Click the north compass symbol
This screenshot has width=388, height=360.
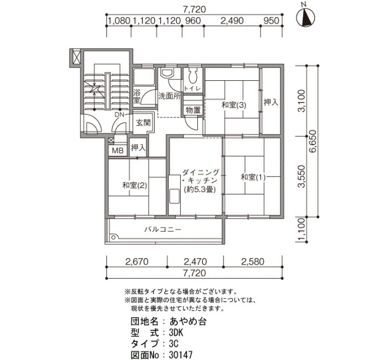[307, 18]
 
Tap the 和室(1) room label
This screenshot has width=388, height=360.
[253, 177]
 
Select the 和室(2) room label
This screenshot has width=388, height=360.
[135, 185]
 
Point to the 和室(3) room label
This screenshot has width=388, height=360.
[234, 105]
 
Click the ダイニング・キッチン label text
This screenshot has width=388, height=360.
[200, 176]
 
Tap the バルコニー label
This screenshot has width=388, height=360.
[163, 229]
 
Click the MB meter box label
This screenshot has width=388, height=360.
[118, 150]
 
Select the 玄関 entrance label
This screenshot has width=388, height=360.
[144, 123]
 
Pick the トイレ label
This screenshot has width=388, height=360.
[192, 88]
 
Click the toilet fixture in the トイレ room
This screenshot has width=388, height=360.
[192, 75]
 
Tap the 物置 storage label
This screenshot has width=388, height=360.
[193, 110]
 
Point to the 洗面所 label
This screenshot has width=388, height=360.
[170, 96]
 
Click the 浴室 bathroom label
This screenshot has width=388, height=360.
[136, 96]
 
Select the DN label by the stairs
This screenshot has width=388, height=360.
[120, 115]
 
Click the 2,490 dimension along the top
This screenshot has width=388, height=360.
[232, 20]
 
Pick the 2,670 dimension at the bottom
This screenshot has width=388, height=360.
[137, 261]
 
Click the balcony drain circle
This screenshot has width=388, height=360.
[114, 238]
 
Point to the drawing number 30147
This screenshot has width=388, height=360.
[181, 355]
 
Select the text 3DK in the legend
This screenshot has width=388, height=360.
[176, 333]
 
